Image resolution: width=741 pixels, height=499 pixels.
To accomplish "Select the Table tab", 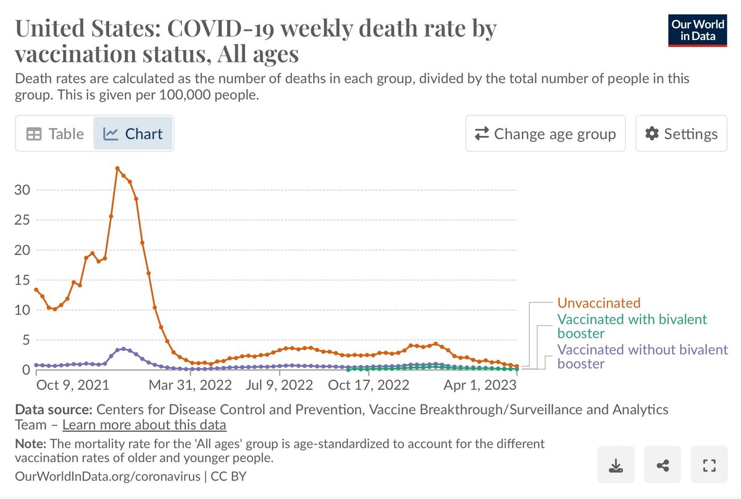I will point(56,133).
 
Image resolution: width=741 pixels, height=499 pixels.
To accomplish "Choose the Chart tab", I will point(133,133).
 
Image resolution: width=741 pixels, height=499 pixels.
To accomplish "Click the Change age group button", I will point(545,133).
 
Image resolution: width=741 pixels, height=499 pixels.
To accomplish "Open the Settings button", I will point(681,133).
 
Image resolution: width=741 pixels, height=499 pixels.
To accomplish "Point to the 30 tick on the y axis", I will point(22,190).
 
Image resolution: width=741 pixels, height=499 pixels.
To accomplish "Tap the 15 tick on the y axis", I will point(22,280).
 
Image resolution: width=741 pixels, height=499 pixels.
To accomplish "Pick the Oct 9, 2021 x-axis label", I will point(73,386).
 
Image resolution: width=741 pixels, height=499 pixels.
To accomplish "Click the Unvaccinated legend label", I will point(599,303).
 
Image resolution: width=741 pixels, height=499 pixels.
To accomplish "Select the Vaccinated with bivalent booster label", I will point(632,326).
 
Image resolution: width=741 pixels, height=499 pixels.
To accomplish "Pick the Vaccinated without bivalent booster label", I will point(642,356).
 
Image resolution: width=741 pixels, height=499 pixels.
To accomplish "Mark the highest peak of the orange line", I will point(117,168).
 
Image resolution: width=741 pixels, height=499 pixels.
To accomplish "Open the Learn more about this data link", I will point(144,425).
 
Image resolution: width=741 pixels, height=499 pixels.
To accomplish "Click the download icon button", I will point(616,465).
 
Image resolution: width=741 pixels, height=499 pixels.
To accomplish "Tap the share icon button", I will point(663,465).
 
